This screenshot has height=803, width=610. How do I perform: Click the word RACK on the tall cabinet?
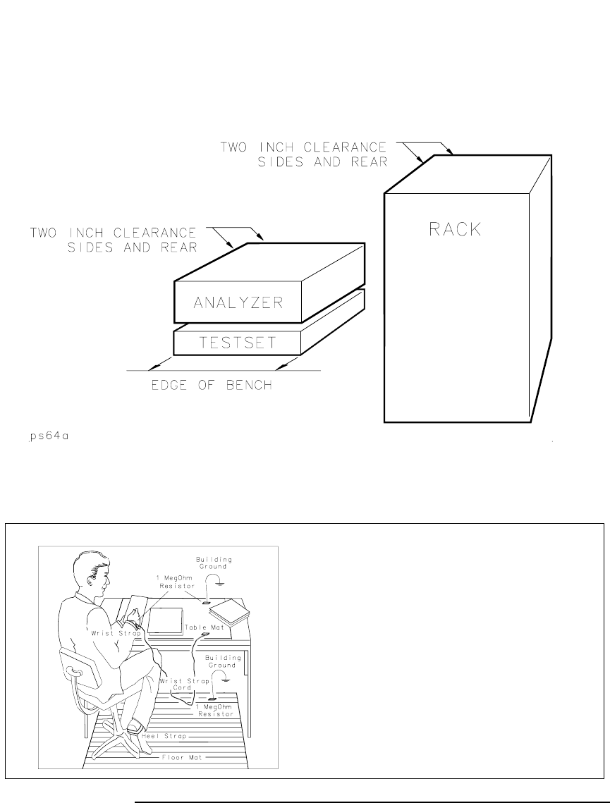pos(455,230)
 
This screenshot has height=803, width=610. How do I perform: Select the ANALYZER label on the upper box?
pos(238,302)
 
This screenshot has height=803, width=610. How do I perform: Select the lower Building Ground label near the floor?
pos(224,661)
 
